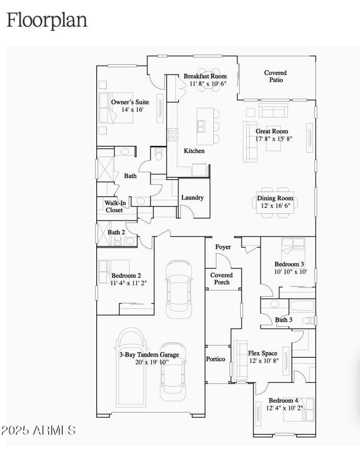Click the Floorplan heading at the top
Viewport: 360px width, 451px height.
[x=46, y=21]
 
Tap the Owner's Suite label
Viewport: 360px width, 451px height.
[x=130, y=102]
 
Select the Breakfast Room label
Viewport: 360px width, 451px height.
[x=205, y=76]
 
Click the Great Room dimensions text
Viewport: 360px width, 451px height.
[x=274, y=139]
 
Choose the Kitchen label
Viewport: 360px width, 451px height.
[x=194, y=151]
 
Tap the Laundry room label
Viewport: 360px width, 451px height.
[x=192, y=198]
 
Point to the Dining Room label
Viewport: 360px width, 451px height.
[x=275, y=198]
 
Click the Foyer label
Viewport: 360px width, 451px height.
[x=223, y=247]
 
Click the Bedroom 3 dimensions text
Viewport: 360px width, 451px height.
[x=291, y=272]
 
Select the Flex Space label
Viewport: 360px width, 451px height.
[x=263, y=353]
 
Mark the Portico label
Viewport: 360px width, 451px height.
[x=216, y=359]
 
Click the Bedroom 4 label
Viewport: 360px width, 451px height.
[x=283, y=401]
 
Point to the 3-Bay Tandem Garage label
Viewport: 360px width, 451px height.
[x=148, y=355]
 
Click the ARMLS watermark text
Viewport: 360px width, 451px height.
[x=38, y=430]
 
